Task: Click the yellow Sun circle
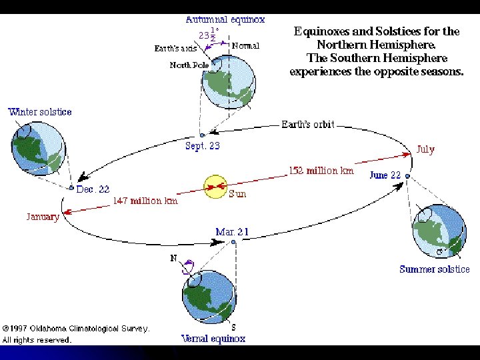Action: point(215,187)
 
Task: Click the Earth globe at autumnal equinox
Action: point(228,81)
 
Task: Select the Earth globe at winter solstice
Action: point(39,147)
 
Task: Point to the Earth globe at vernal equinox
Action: point(209,294)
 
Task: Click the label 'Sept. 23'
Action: point(203,146)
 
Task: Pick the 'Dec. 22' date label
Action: point(93,189)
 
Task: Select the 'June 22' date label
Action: point(385,175)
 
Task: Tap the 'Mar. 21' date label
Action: point(232,232)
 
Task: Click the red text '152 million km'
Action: point(321,171)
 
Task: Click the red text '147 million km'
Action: point(145,201)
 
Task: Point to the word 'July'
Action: point(425,149)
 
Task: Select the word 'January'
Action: point(43,216)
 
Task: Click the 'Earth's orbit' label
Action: point(307,125)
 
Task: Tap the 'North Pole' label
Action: point(189,65)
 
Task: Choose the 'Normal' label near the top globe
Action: point(245,46)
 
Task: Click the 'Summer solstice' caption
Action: point(434,269)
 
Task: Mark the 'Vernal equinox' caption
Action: point(213,339)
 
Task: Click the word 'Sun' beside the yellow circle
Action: point(237,194)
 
